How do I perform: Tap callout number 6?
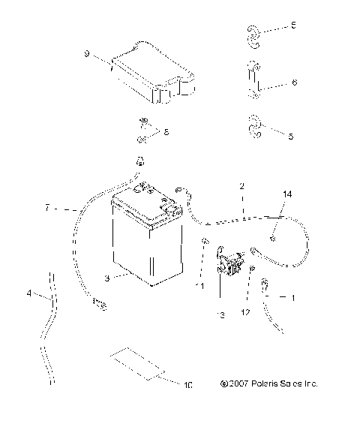pyautogui.click(x=294, y=83)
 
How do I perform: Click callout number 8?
pyautogui.click(x=166, y=132)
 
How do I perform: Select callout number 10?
pyautogui.click(x=187, y=386)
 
